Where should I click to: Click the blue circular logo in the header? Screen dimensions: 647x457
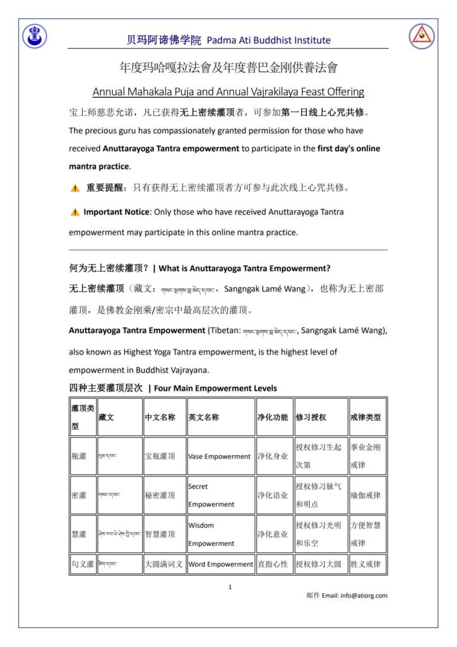pos(34,36)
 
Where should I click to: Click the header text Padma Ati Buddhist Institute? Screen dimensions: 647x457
pos(268,40)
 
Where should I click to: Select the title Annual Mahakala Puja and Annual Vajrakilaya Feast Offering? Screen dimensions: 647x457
pos(228,92)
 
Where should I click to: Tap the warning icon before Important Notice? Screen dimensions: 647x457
pos(74,212)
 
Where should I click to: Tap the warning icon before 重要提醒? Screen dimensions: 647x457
pos(74,188)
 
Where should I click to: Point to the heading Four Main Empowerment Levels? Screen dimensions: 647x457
pos(216,388)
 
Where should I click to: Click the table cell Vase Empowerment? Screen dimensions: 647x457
pos(219,456)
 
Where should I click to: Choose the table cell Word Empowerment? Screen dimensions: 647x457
pos(220,564)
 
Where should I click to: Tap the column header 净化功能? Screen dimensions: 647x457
pos(273,418)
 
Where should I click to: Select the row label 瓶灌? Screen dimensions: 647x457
pos(79,456)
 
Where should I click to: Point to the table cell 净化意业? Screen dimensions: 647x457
pos(273,534)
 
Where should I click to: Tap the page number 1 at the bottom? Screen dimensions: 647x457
pos(230,586)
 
